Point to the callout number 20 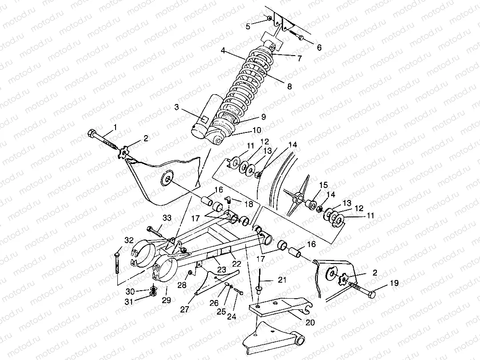309,322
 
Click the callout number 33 167,218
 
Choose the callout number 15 323,184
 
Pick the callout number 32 129,240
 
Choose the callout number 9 263,117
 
